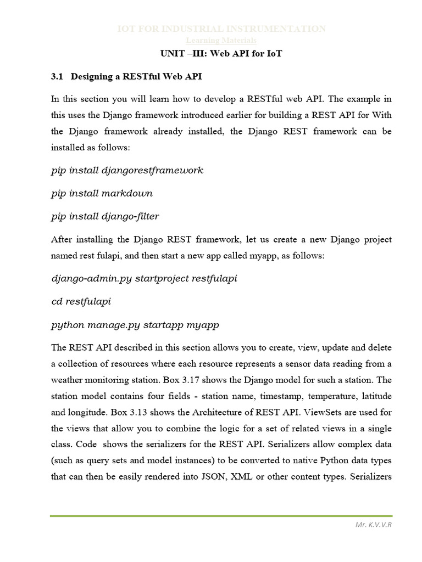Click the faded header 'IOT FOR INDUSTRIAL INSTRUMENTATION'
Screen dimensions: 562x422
(x=222, y=29)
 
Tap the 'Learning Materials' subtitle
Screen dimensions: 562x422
(x=222, y=41)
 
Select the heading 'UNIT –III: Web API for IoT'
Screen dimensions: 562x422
(x=221, y=53)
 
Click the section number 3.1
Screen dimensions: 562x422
(x=57, y=77)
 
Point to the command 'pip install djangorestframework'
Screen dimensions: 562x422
(x=127, y=170)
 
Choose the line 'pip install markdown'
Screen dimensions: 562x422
(x=102, y=193)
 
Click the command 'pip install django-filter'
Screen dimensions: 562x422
(x=105, y=216)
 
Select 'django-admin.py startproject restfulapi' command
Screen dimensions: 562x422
(x=144, y=278)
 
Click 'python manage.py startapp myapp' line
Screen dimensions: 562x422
(x=135, y=324)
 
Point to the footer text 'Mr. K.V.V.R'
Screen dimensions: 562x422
(x=375, y=525)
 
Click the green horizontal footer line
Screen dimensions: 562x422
(x=221, y=515)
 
